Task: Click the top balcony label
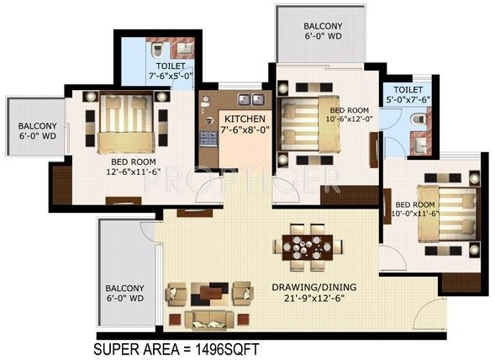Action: point(323,31)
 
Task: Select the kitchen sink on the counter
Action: point(243,98)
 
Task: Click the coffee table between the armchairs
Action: point(208,293)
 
